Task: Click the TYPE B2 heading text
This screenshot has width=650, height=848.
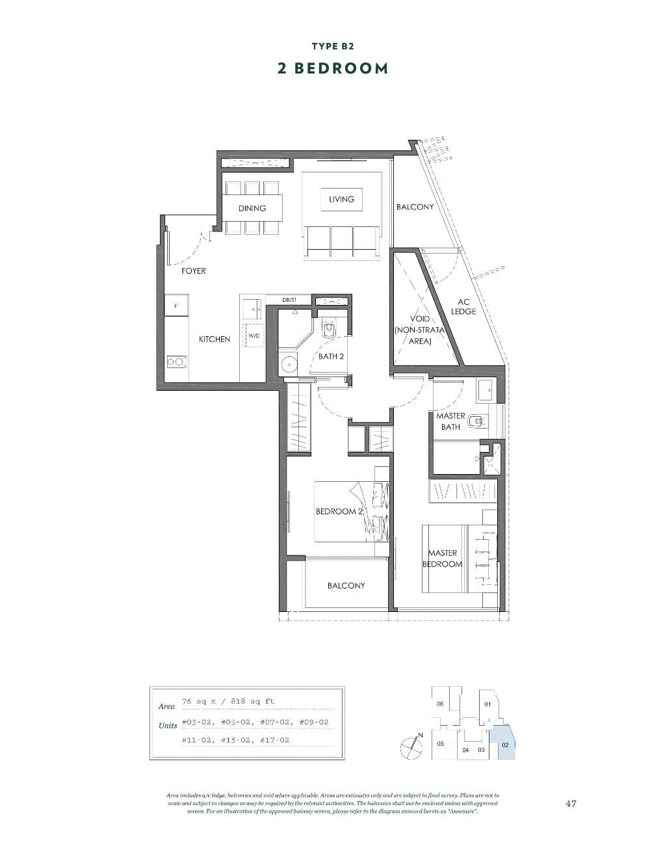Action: coord(332,46)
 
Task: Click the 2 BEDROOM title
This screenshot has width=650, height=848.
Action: coord(332,68)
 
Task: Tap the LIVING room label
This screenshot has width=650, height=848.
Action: coord(341,199)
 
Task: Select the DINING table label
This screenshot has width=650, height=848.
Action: coord(252,208)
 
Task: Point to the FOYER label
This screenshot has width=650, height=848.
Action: coord(194,271)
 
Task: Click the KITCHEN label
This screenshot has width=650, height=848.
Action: coord(214,339)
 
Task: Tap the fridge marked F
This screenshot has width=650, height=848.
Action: coord(176,305)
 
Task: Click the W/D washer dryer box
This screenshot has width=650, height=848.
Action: coord(253,336)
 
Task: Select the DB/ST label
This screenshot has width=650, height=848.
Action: coord(289,300)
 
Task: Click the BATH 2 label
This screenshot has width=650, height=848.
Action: coord(331,356)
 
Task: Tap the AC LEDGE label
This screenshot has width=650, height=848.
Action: coord(463,306)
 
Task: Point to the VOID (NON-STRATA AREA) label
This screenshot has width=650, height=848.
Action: coord(419,330)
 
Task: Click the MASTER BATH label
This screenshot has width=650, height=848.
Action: coord(450,421)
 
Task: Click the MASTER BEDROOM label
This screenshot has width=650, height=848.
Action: coord(442,558)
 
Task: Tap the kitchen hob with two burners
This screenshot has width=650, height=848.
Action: coord(176,362)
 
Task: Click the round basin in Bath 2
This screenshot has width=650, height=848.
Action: coord(288,365)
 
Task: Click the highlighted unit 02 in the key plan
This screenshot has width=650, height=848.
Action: coord(504,745)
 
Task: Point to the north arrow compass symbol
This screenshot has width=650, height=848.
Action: coord(411,747)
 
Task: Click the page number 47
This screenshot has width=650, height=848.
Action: coord(571,803)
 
